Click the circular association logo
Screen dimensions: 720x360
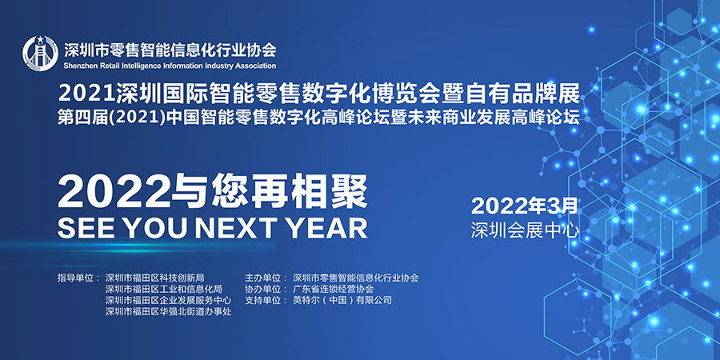[x=41, y=53]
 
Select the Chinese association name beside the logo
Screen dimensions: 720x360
[x=170, y=49]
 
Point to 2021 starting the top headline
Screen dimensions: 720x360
[x=86, y=94]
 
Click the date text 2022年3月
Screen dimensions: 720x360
[x=524, y=206]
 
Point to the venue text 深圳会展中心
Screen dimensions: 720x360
[x=524, y=230]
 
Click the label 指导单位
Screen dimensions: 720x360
[x=76, y=278]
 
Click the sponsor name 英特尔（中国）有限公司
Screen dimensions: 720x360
[x=342, y=301]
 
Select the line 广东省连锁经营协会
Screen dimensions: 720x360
[x=334, y=290]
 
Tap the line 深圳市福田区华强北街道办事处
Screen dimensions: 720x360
[x=169, y=312]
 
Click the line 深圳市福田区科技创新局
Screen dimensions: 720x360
[x=154, y=278]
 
